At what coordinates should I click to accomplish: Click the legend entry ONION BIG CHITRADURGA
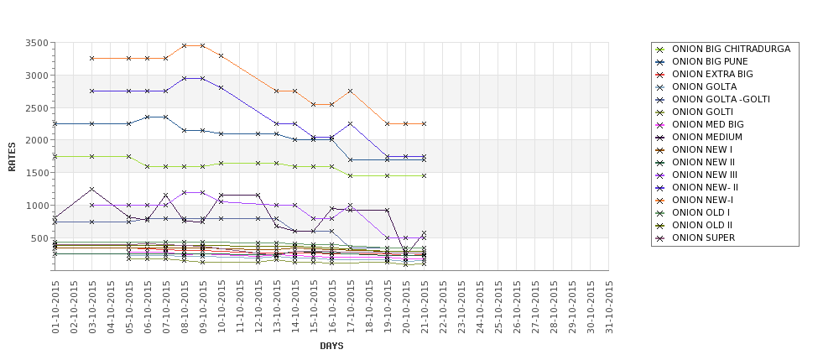(731, 49)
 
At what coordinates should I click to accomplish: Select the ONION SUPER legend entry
(703, 237)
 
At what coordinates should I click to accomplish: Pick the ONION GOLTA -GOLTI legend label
(721, 99)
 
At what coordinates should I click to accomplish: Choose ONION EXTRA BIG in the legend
(712, 74)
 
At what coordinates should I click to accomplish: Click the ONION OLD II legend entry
(702, 225)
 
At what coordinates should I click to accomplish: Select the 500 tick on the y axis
(40, 238)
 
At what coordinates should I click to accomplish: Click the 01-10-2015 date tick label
(55, 307)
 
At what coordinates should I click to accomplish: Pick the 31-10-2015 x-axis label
(610, 307)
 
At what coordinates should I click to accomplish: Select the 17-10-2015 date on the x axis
(351, 307)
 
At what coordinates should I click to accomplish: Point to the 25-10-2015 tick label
(498, 307)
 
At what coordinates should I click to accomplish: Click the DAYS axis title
(331, 346)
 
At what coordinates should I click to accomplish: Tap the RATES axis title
(12, 156)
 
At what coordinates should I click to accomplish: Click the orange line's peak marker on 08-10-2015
(185, 45)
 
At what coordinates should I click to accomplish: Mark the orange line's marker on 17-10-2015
(350, 91)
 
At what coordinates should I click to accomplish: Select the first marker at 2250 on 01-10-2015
(55, 123)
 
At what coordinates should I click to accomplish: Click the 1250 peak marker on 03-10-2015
(92, 189)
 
